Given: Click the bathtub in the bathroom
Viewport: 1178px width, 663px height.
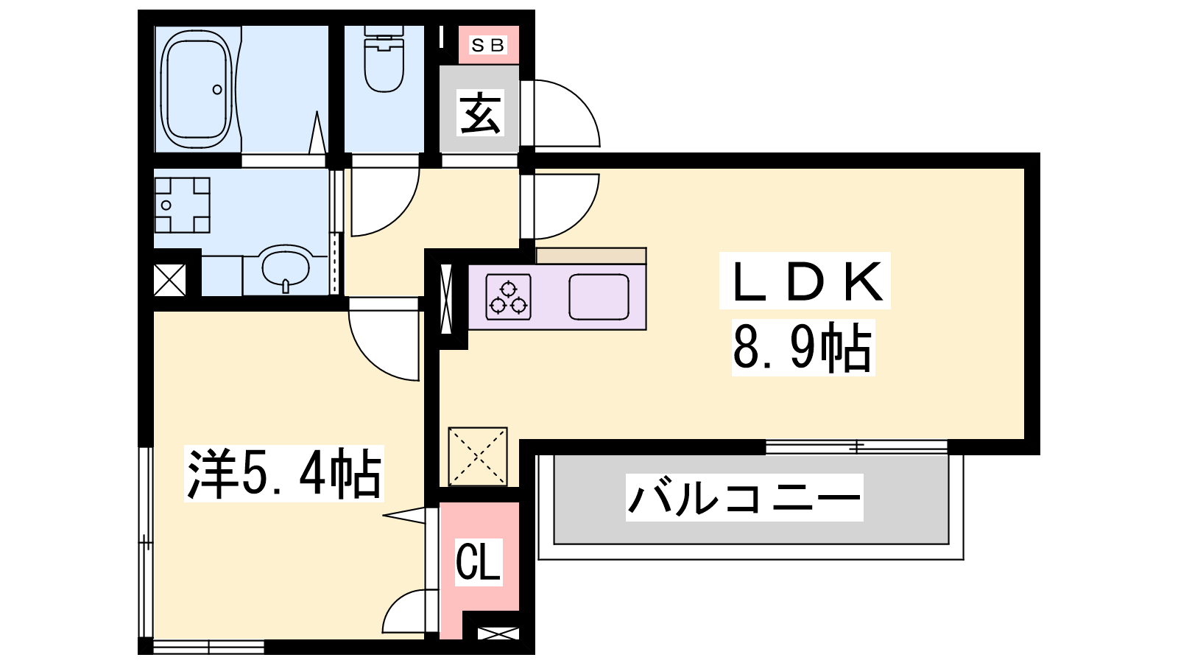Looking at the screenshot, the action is pos(196,89).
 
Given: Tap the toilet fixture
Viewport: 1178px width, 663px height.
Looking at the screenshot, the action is pos(384,60).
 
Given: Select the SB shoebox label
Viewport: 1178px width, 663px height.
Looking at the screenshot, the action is pos(488,45).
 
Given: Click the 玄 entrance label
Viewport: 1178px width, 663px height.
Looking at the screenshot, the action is pos(479,113).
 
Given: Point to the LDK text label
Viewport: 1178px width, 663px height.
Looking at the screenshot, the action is pos(805,281).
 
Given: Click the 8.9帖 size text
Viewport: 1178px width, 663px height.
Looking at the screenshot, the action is pos(803,348).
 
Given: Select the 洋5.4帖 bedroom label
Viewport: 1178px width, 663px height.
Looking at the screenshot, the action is pos(284,474).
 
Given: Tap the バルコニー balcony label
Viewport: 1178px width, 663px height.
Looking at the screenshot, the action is pos(744,498).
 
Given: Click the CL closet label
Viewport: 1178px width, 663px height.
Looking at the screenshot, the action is pos(478,562).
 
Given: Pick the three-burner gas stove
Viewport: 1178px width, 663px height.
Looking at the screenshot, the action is pos(508,298).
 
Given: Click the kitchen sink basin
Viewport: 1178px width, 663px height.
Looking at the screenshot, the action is pos(599,298).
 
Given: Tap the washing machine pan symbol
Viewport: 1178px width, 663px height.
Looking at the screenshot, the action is pos(182,206).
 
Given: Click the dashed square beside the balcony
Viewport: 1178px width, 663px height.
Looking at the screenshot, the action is pos(478,457).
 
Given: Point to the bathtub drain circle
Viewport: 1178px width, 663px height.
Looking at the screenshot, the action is pos(217,90).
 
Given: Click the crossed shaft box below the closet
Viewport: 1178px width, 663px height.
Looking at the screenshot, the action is pos(498,634).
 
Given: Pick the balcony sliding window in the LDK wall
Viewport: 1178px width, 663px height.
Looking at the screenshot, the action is pos(857,447).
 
